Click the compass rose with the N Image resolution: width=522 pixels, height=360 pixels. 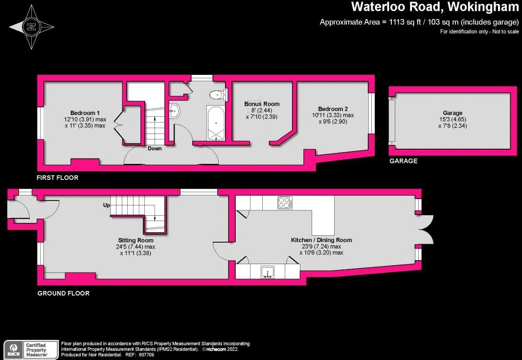point(32,27)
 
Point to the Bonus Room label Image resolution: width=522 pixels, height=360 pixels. point(262,104)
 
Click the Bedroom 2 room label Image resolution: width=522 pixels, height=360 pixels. point(333,109)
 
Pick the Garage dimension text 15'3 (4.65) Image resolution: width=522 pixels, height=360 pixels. point(453,119)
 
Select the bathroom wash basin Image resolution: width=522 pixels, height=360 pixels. point(175,111)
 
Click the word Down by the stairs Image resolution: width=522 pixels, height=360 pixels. point(155,149)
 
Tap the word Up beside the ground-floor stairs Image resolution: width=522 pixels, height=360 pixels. point(106,205)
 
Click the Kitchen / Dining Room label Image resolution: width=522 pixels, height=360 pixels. point(321,240)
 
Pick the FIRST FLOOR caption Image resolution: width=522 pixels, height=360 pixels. point(57,178)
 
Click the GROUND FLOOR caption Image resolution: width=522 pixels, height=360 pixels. point(64,293)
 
